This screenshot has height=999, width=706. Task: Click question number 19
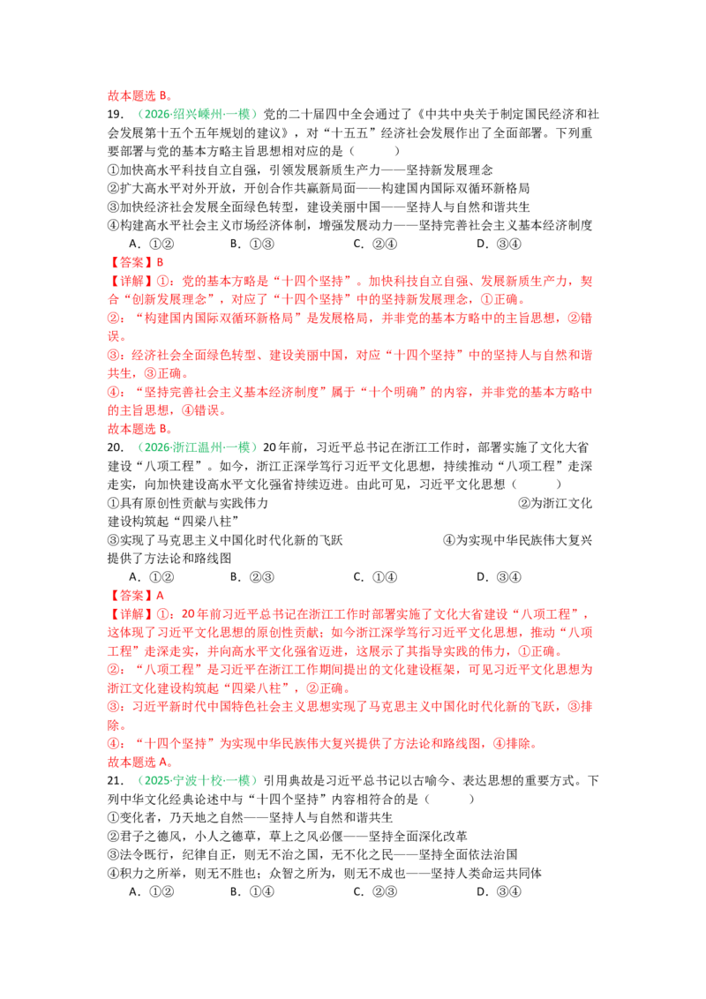[x=116, y=115]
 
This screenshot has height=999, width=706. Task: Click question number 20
[x=116, y=448]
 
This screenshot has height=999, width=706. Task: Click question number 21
[x=116, y=781]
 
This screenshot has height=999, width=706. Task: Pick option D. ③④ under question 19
[x=499, y=244]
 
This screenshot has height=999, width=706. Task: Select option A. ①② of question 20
[x=151, y=577]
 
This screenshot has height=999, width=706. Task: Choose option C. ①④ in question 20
[x=375, y=577]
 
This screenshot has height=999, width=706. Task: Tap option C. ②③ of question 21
[x=375, y=892]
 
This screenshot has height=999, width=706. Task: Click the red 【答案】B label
[x=136, y=262]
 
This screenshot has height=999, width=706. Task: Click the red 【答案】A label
[x=136, y=596]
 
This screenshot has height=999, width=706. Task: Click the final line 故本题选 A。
[x=139, y=762]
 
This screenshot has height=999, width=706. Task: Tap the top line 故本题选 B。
[x=139, y=96]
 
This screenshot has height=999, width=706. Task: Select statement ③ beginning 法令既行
[x=312, y=855]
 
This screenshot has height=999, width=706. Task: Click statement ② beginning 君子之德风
[x=288, y=837]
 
